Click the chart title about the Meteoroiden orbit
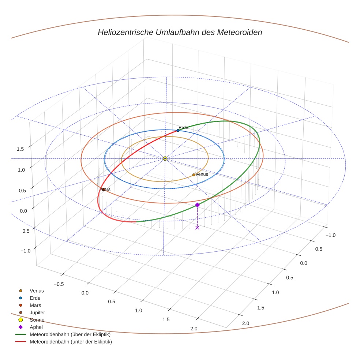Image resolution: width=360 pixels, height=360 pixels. point(180,32)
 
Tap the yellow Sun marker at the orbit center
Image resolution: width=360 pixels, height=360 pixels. point(165,158)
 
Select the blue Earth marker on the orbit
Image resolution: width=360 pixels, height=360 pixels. point(178,130)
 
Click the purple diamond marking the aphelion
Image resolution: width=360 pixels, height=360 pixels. point(197,205)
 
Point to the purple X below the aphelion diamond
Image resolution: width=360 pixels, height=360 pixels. point(197,228)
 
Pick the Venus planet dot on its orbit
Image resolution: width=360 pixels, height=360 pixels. point(194,175)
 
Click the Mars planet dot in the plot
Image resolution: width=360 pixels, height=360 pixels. point(103,189)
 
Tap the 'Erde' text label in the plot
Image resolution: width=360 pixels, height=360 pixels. point(183,127)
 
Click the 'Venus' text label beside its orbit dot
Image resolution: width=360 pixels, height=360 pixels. point(202,174)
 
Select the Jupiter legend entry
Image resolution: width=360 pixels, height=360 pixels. point(37,312)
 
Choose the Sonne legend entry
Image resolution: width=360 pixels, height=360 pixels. point(37,320)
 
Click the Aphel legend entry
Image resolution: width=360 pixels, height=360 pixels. point(36,327)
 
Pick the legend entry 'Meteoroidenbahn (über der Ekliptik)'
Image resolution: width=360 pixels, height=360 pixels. point(70,334)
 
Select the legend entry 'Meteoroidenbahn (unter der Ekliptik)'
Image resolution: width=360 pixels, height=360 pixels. point(71,342)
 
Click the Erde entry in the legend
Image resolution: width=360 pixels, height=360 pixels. point(35,298)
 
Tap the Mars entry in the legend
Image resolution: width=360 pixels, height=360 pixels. point(35,305)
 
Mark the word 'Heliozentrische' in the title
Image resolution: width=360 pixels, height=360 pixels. point(122,32)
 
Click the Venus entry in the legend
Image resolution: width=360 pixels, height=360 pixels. point(37,290)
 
